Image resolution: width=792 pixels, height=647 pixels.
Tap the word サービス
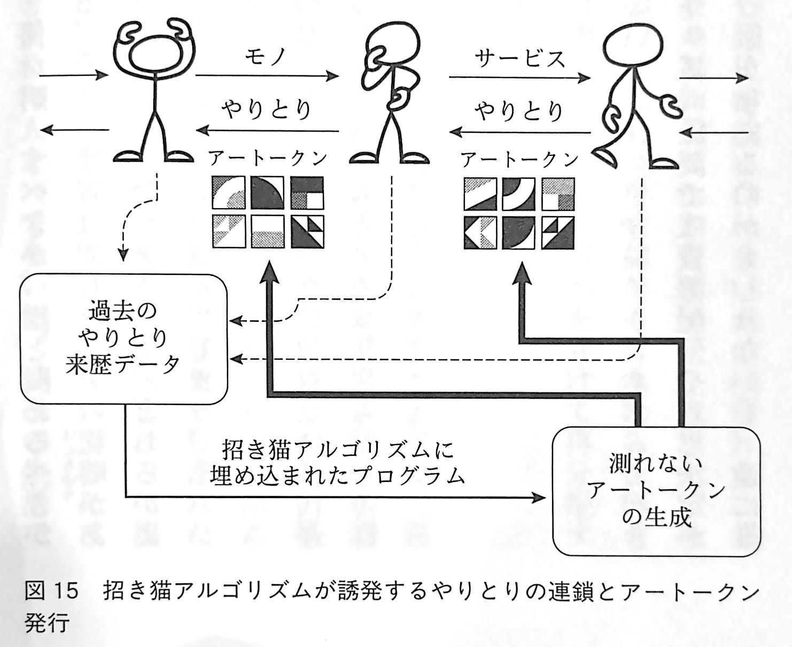click(x=519, y=58)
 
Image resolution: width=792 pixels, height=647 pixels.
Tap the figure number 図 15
click(x=51, y=590)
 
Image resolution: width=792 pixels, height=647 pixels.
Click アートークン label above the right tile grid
click(x=520, y=160)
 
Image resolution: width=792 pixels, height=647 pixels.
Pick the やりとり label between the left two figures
click(x=267, y=110)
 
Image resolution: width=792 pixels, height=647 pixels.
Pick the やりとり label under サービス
click(x=519, y=112)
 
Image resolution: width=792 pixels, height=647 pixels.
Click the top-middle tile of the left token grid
click(x=268, y=193)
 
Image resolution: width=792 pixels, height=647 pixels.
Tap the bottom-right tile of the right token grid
click(x=558, y=233)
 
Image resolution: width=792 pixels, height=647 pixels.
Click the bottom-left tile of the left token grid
click(x=229, y=231)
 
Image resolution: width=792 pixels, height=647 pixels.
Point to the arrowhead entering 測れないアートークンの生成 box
click(x=540, y=498)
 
